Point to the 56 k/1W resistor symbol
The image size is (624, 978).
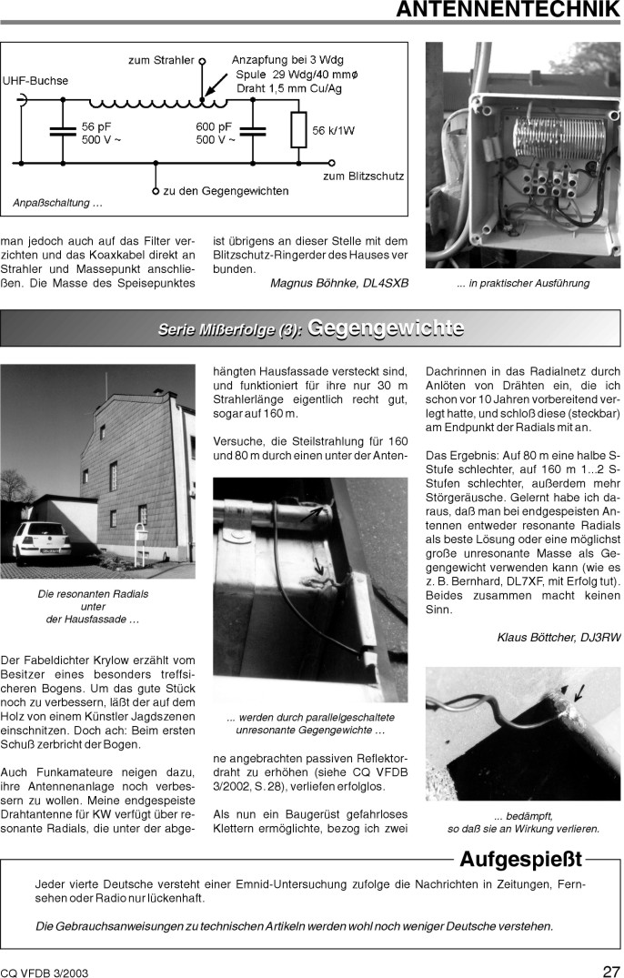pos(297,130)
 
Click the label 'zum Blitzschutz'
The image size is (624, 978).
pos(364,176)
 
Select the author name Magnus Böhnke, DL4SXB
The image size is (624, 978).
pos(339,283)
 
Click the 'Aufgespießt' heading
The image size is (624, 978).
pos(521,859)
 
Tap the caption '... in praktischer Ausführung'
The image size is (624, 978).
pos(522,283)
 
